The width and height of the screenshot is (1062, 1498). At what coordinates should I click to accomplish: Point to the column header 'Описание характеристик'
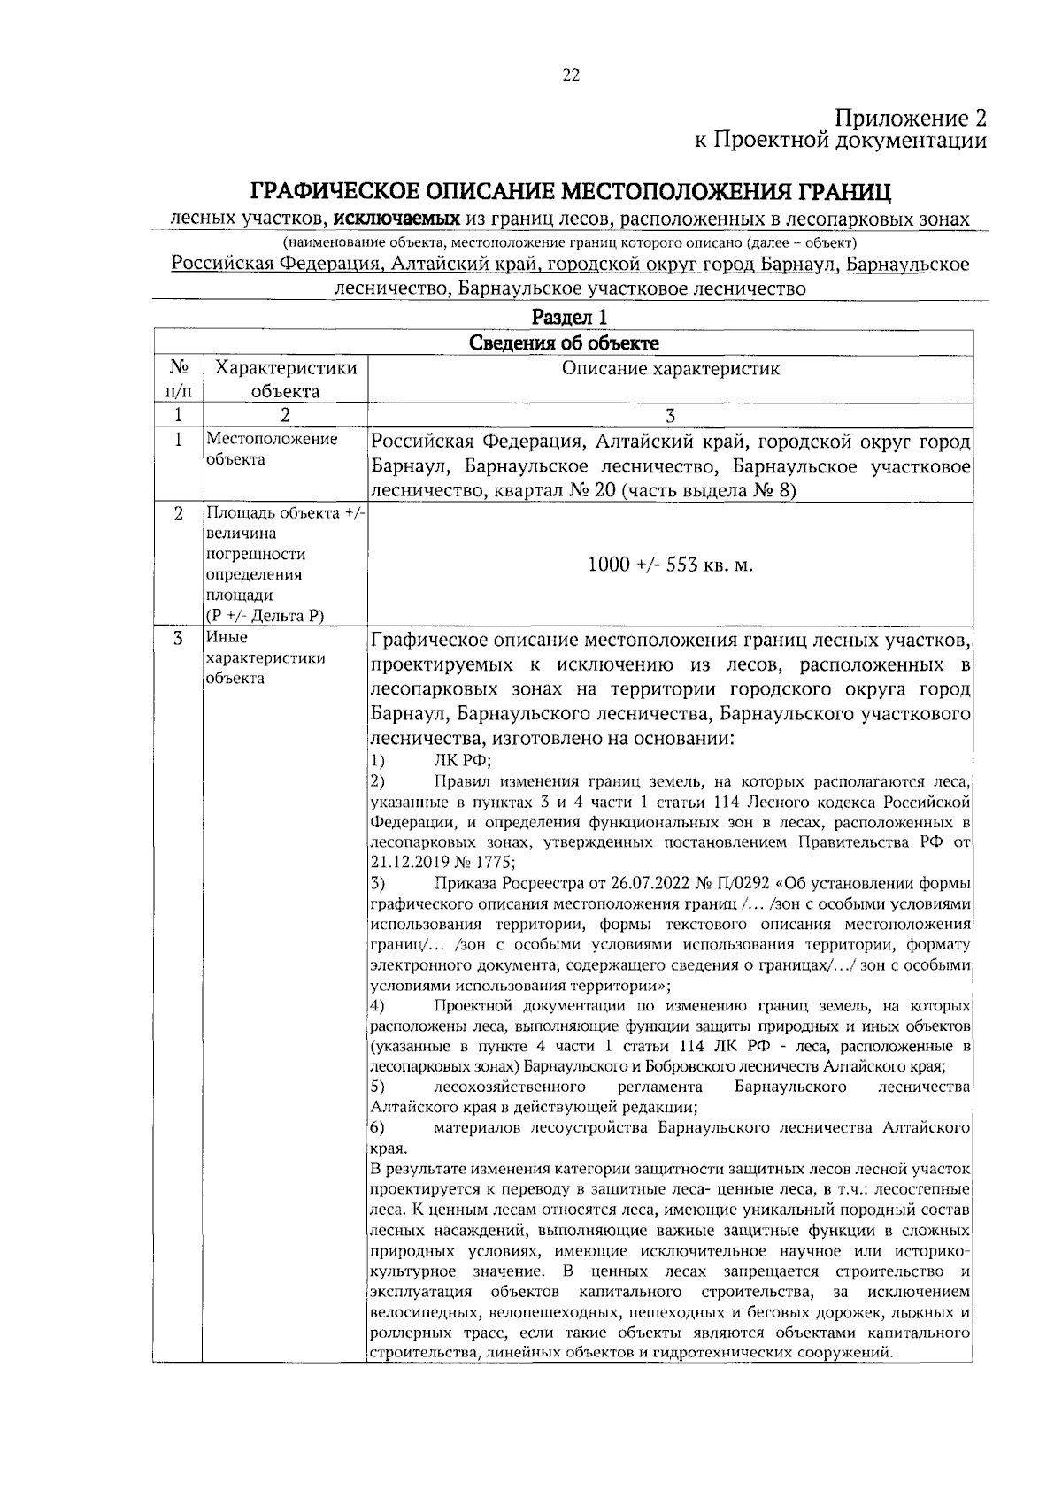tap(671, 369)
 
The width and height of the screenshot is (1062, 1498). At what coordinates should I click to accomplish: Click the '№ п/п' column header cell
tap(177, 380)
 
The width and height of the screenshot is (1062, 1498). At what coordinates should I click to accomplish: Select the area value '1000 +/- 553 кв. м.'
tap(670, 565)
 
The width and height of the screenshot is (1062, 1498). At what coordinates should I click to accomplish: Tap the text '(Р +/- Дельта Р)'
tap(263, 616)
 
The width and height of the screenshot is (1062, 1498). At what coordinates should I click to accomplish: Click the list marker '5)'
tap(377, 1086)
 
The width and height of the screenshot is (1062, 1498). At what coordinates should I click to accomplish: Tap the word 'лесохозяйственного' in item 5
tap(510, 1086)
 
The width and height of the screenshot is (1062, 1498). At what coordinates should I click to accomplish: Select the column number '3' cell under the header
tap(670, 416)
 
